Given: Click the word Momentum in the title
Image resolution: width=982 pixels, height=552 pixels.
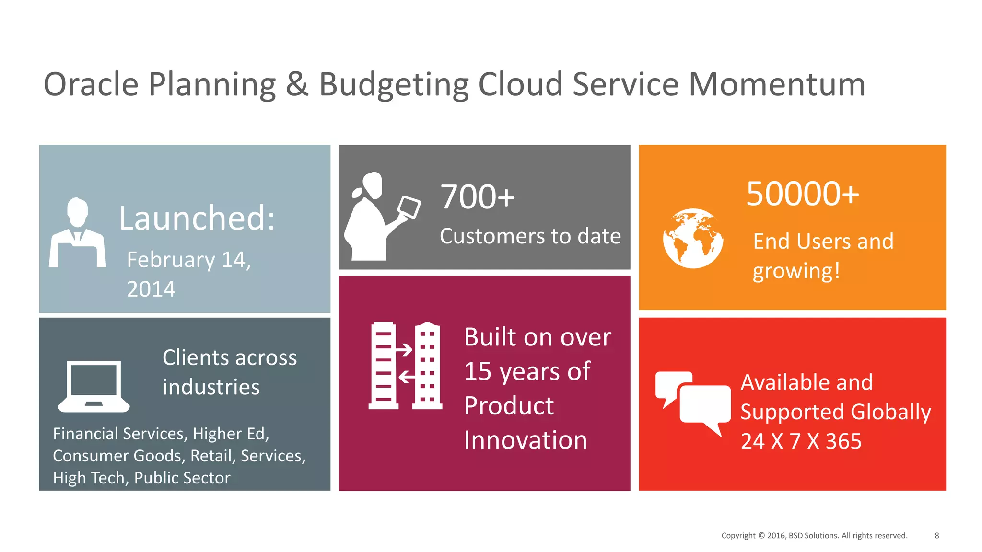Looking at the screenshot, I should (777, 84).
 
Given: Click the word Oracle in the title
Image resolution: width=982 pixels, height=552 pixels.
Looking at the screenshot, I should (91, 84).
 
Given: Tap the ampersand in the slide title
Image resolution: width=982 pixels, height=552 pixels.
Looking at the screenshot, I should (297, 84).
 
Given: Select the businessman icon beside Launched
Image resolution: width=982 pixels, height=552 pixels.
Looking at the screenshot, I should (77, 233).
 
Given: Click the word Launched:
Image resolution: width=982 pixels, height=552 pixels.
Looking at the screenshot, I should (197, 218).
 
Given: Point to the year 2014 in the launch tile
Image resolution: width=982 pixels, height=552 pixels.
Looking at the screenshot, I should (151, 289).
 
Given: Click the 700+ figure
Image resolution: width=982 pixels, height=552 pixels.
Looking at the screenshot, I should (477, 197).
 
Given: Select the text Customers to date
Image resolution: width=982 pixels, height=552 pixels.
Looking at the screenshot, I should (530, 236).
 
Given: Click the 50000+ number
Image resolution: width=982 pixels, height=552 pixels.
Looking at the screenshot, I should (803, 194).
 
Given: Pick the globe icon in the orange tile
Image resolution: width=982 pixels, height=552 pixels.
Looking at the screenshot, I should (693, 238).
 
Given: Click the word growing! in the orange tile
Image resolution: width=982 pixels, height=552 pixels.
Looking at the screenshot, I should (796, 271).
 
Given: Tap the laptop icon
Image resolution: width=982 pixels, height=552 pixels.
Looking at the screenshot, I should (94, 386).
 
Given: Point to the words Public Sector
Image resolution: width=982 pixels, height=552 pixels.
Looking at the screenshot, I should (182, 478).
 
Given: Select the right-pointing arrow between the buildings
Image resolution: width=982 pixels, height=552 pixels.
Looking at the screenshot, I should (404, 350).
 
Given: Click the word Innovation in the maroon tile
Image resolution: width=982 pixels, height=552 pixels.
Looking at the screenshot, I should (526, 440).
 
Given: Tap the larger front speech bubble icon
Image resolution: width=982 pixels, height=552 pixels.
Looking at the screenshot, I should (705, 405).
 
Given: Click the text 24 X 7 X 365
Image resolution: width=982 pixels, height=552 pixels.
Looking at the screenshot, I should (801, 441).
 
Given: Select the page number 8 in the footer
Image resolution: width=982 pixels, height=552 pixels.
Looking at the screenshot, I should (936, 535).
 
